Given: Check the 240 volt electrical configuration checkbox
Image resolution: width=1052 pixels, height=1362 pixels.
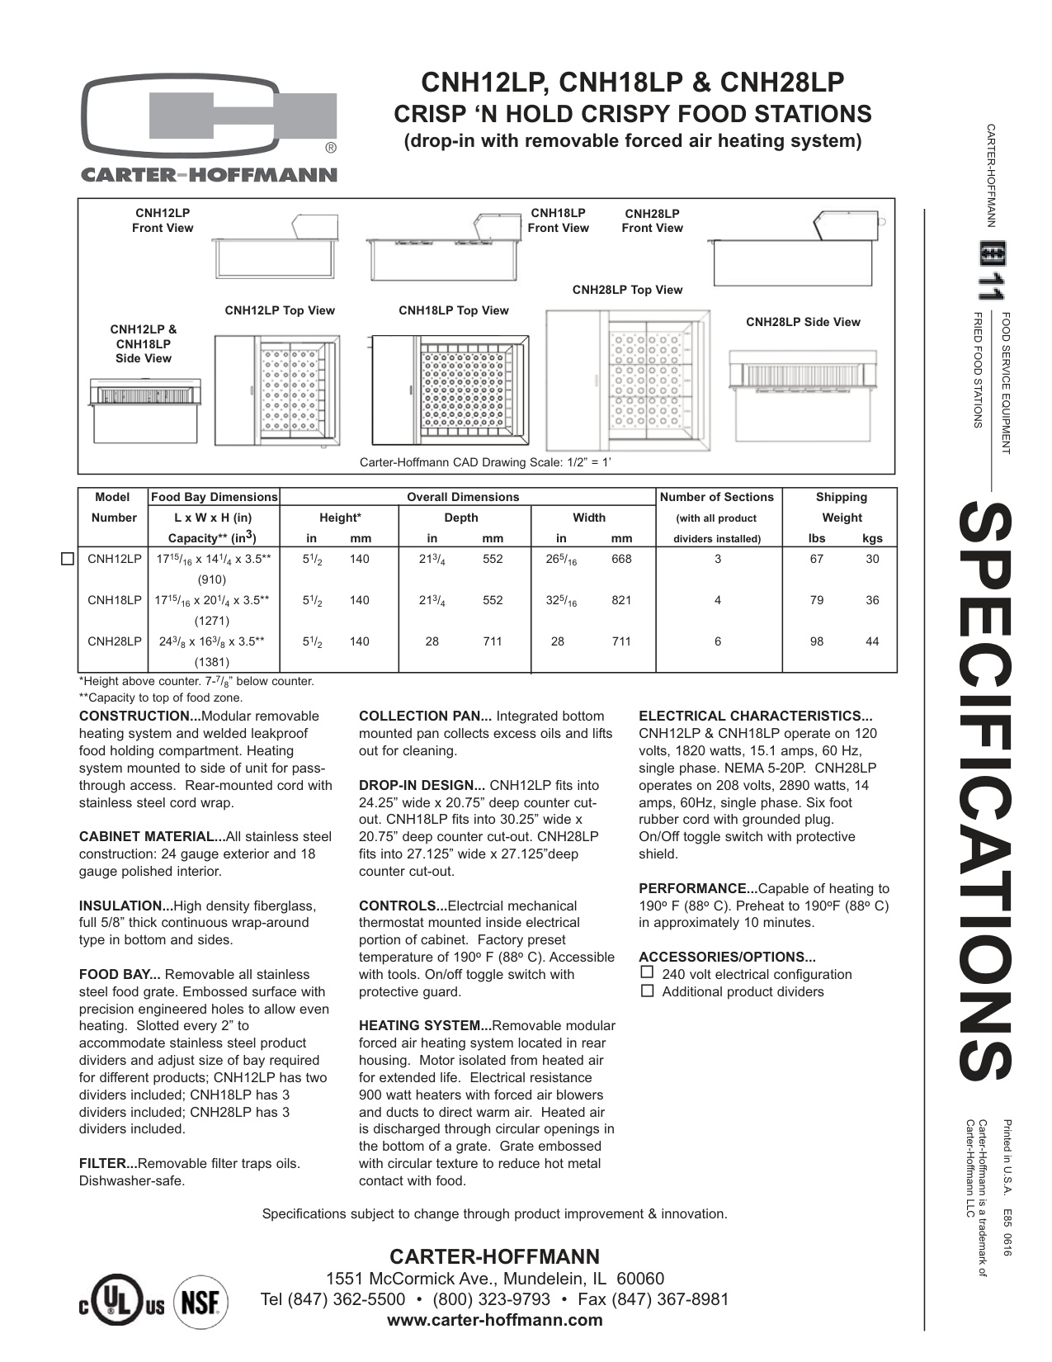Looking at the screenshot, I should (x=647, y=973).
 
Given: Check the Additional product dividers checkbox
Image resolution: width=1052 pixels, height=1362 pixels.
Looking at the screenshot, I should (x=647, y=991).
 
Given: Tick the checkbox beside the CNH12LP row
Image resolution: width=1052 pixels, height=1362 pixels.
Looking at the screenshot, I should (x=68, y=559).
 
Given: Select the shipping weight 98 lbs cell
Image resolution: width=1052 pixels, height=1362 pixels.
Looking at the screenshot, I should (x=816, y=641).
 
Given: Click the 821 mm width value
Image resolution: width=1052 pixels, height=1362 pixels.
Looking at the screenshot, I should (x=621, y=600).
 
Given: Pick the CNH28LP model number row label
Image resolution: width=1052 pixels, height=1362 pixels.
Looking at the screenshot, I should (x=114, y=641).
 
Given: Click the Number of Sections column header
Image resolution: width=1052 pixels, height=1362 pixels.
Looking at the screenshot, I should (x=717, y=497).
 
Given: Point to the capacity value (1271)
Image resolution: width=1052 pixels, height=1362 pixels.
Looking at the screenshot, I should (x=212, y=621).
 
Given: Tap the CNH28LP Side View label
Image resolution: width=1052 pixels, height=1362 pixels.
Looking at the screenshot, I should (x=803, y=322).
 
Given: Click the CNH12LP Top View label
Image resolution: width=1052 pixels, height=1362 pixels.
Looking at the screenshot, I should (x=280, y=310).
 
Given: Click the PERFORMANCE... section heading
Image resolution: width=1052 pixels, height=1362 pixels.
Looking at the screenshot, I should (x=698, y=888).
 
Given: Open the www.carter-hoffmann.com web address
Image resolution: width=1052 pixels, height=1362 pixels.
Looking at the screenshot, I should (x=495, y=1320).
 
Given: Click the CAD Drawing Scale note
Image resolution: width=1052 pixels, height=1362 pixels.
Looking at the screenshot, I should (x=485, y=462).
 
